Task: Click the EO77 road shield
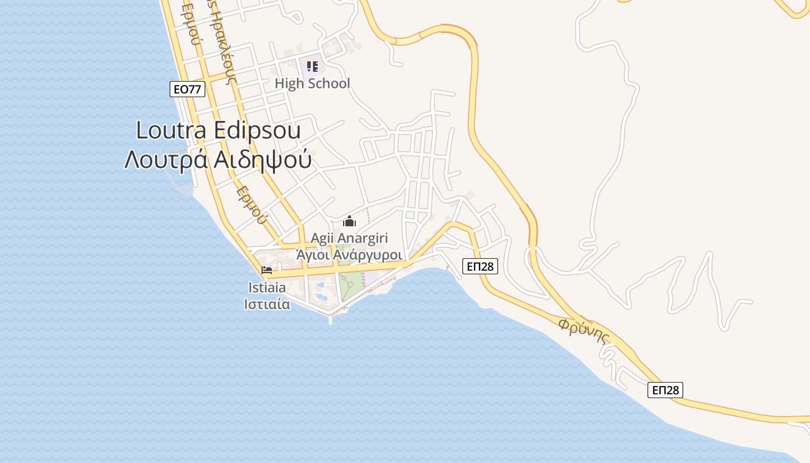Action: [x=187, y=89]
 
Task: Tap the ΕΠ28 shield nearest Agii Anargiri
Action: [x=480, y=266]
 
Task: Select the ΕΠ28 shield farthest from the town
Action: [x=665, y=390]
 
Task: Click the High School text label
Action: [x=312, y=83]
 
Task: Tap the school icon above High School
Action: [x=312, y=67]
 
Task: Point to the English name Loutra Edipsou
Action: [x=218, y=130]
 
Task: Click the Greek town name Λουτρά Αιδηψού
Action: [x=218, y=160]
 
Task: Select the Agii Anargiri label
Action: [x=349, y=238]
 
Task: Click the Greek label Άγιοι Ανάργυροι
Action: [x=349, y=255]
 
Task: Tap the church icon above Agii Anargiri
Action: [x=349, y=221]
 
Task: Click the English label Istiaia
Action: [x=267, y=287]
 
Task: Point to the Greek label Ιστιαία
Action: [x=267, y=304]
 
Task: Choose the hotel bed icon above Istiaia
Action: [x=267, y=270]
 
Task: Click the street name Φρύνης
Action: [x=585, y=330]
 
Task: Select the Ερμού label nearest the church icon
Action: [x=252, y=204]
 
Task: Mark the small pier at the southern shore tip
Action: [x=330, y=318]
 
